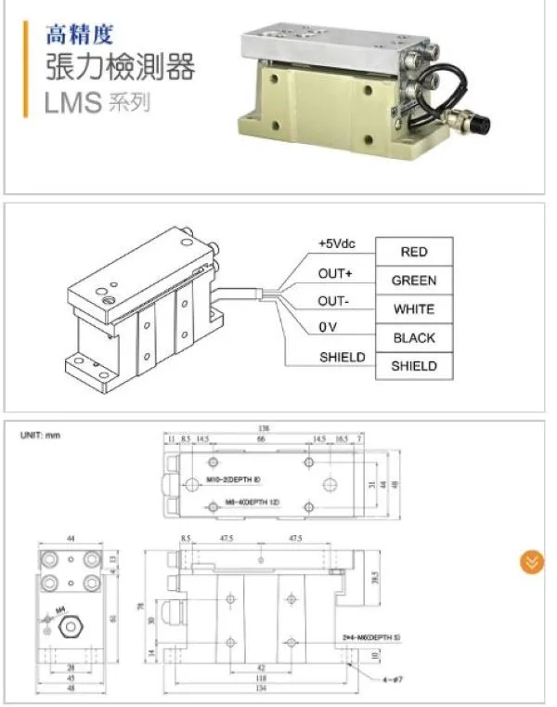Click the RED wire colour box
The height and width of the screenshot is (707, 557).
tap(414, 252)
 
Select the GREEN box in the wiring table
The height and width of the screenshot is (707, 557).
tap(414, 281)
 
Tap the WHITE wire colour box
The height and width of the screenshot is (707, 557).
tap(414, 309)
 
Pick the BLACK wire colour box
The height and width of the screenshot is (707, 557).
tap(414, 338)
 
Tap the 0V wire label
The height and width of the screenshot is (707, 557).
tap(327, 329)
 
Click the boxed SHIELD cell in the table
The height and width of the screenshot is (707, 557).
tap(414, 366)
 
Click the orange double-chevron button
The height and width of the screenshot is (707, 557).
tap(531, 562)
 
